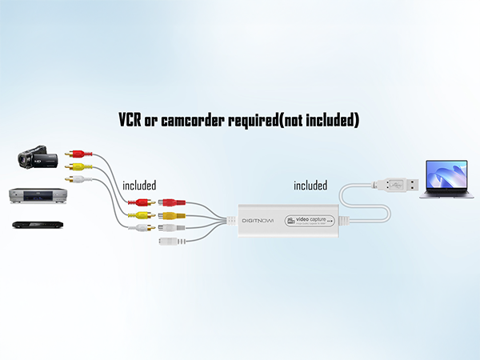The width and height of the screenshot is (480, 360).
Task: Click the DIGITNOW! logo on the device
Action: coord(262,218)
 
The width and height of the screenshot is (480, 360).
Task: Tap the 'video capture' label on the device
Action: coord(314,218)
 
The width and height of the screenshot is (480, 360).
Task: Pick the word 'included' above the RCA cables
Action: coord(139,185)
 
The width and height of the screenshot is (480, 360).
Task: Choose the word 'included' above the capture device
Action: coord(310,185)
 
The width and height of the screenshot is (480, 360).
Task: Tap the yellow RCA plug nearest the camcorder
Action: coord(78,166)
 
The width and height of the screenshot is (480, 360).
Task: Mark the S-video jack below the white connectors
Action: coord(168,241)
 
